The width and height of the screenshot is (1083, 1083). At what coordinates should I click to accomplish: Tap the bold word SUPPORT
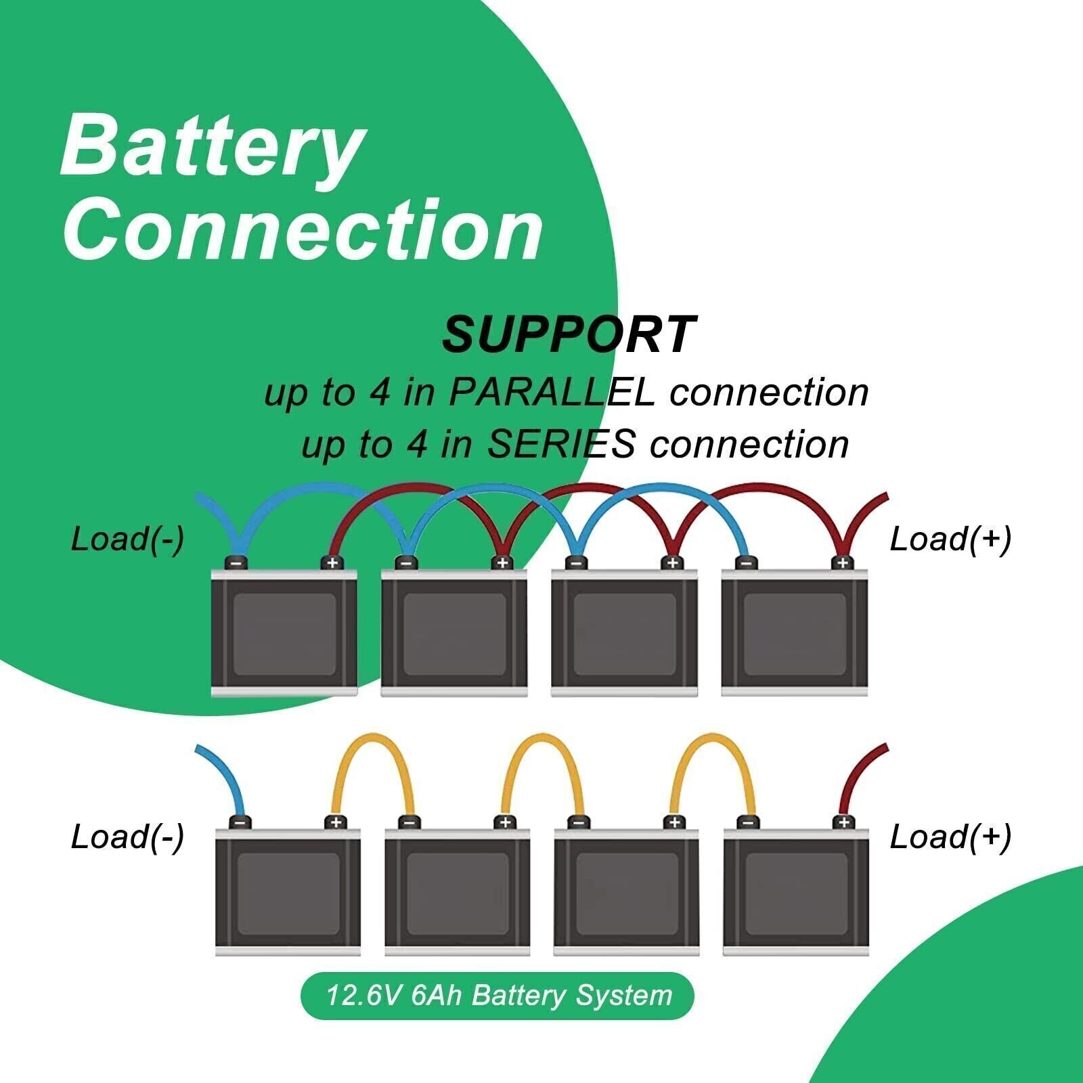569,335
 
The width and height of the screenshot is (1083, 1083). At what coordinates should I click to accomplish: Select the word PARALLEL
552,393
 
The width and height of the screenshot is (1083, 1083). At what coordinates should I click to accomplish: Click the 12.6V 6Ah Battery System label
498,996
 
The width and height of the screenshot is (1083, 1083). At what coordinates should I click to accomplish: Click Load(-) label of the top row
127,539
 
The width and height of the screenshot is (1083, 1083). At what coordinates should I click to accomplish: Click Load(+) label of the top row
950,539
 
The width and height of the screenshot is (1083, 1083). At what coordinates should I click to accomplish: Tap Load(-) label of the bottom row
127,837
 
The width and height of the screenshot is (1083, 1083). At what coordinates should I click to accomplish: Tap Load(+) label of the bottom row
950,837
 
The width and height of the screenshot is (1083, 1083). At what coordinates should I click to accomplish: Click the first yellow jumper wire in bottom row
374,745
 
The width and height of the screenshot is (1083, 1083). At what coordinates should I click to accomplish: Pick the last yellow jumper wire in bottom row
711,745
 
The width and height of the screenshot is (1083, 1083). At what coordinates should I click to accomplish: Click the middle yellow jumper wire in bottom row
543,745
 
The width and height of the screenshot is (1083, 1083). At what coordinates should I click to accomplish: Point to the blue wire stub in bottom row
220,778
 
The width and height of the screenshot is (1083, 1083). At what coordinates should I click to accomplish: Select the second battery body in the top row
454,633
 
